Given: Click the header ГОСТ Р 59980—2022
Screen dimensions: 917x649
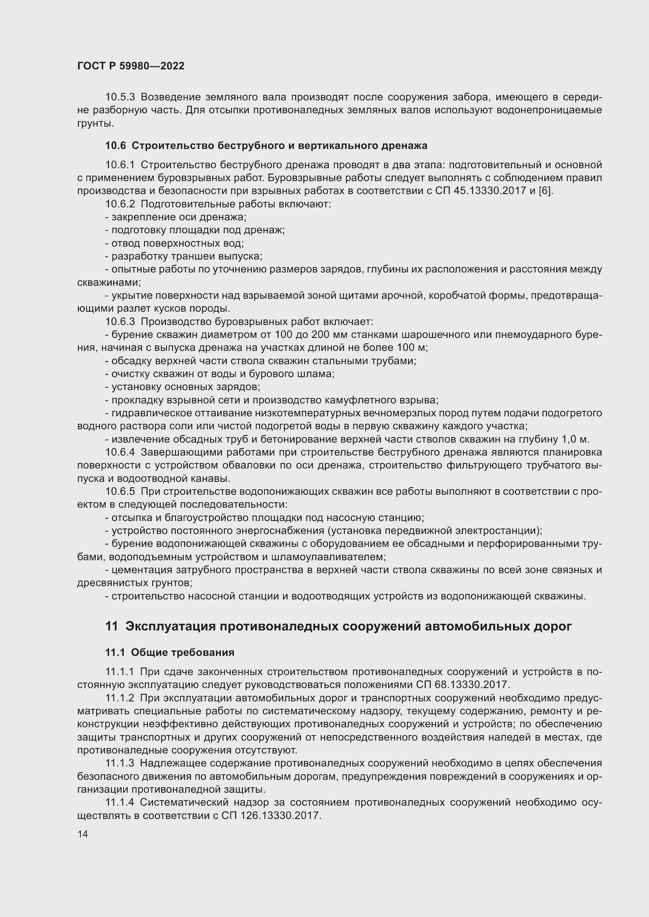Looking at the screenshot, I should pos(131,66).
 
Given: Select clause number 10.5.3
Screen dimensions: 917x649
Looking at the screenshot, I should pos(120,97).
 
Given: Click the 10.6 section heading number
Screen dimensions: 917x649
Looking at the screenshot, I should pos(115,146).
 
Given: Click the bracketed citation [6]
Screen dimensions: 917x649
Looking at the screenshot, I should pos(546,191).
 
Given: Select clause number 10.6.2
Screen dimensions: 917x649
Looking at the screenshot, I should pos(120,204).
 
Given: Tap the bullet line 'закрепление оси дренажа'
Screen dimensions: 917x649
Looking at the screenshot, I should pos(176,217).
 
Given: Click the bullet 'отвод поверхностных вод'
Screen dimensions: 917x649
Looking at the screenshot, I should pos(175,243).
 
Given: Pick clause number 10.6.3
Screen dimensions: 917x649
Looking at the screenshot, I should pos(120,321).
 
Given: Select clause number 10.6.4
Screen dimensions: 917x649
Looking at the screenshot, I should pos(120,452).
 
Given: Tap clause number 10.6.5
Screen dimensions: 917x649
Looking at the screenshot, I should pos(120,492).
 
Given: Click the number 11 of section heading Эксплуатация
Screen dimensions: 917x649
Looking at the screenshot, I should pos(111,626).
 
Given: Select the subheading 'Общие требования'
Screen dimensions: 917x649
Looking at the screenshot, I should pos(182,653).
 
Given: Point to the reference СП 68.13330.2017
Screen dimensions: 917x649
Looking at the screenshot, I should pos(463,685).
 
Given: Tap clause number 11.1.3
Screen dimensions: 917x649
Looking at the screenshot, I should pos(120,763).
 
